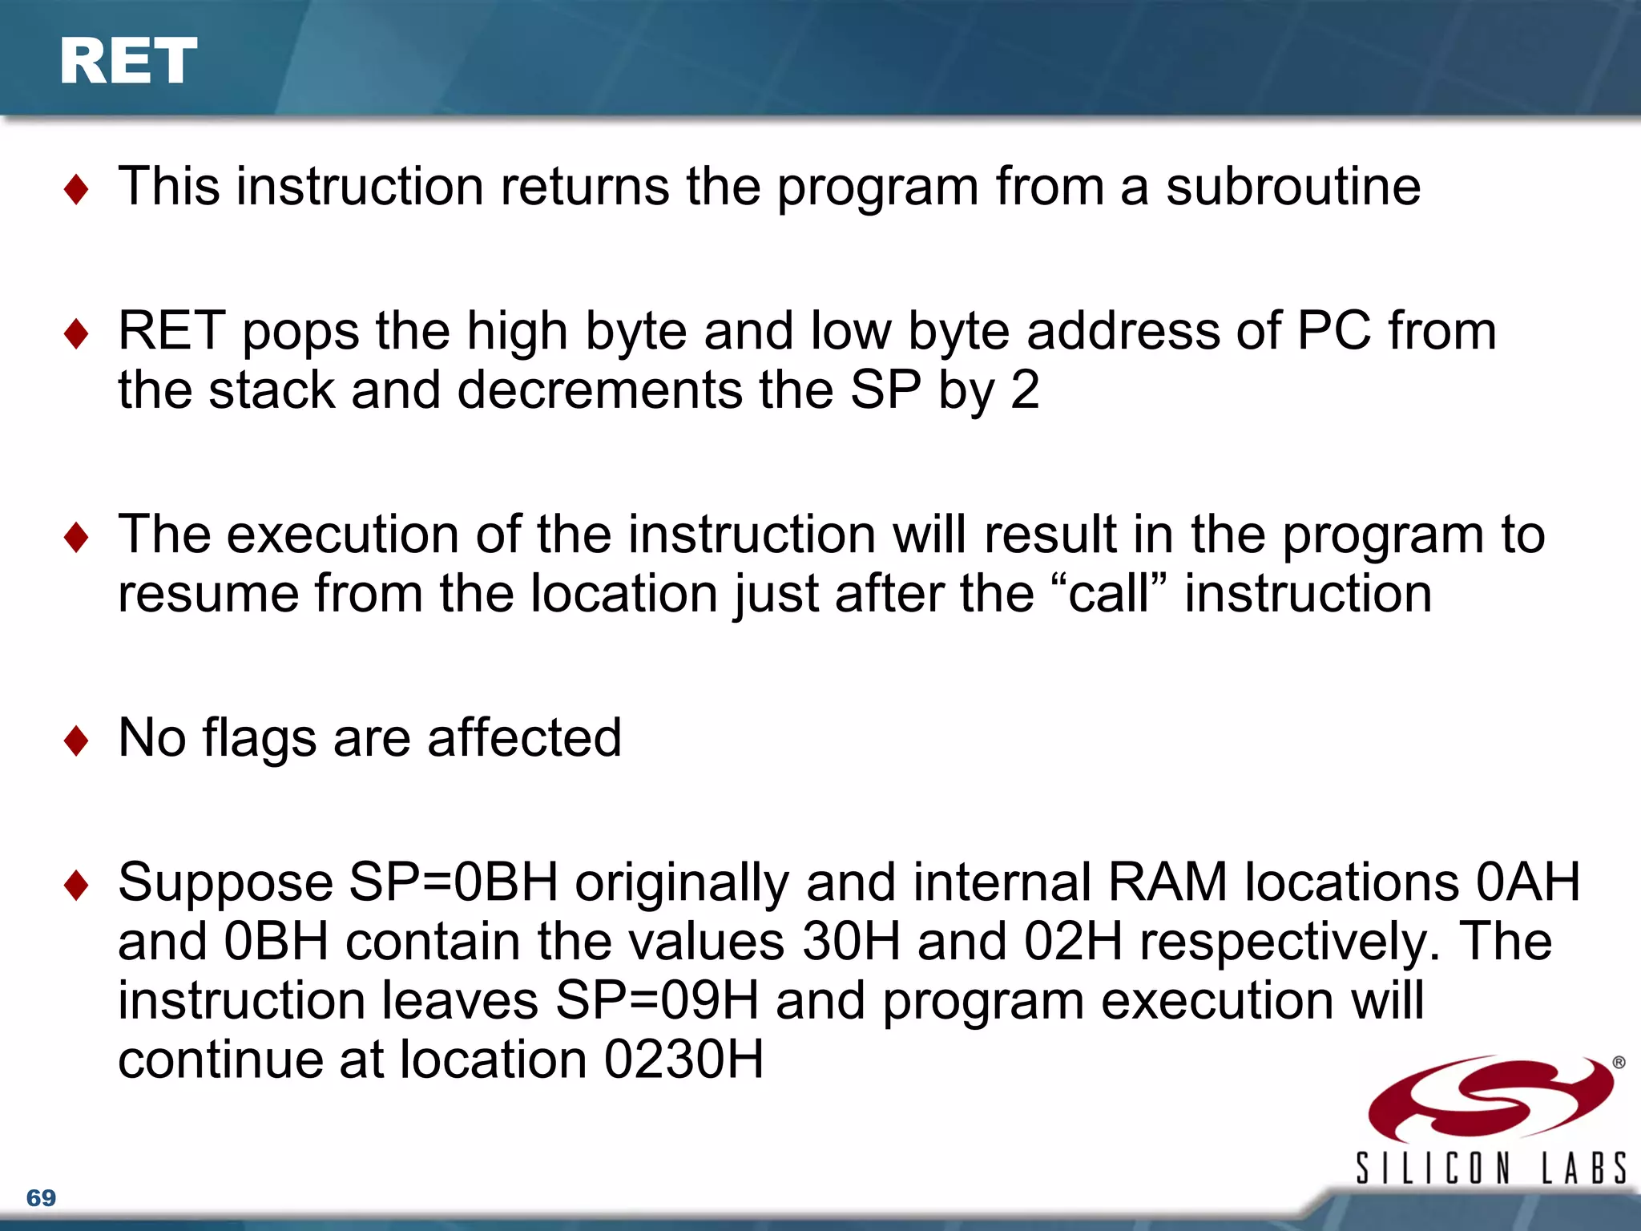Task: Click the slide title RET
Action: pos(128,62)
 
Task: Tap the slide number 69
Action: pos(41,1198)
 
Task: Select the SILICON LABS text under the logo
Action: pos(1490,1168)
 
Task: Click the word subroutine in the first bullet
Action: pos(1292,187)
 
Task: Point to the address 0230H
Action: pos(683,1059)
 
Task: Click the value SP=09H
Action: pos(656,1001)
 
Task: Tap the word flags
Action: pos(259,738)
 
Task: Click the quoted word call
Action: pos(1108,594)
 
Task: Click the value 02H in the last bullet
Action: pos(1073,942)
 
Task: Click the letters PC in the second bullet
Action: pos(1333,331)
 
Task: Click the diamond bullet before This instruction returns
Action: pos(76,190)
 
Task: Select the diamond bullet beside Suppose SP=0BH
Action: pos(76,886)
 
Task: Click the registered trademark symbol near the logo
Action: pos(1619,1063)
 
